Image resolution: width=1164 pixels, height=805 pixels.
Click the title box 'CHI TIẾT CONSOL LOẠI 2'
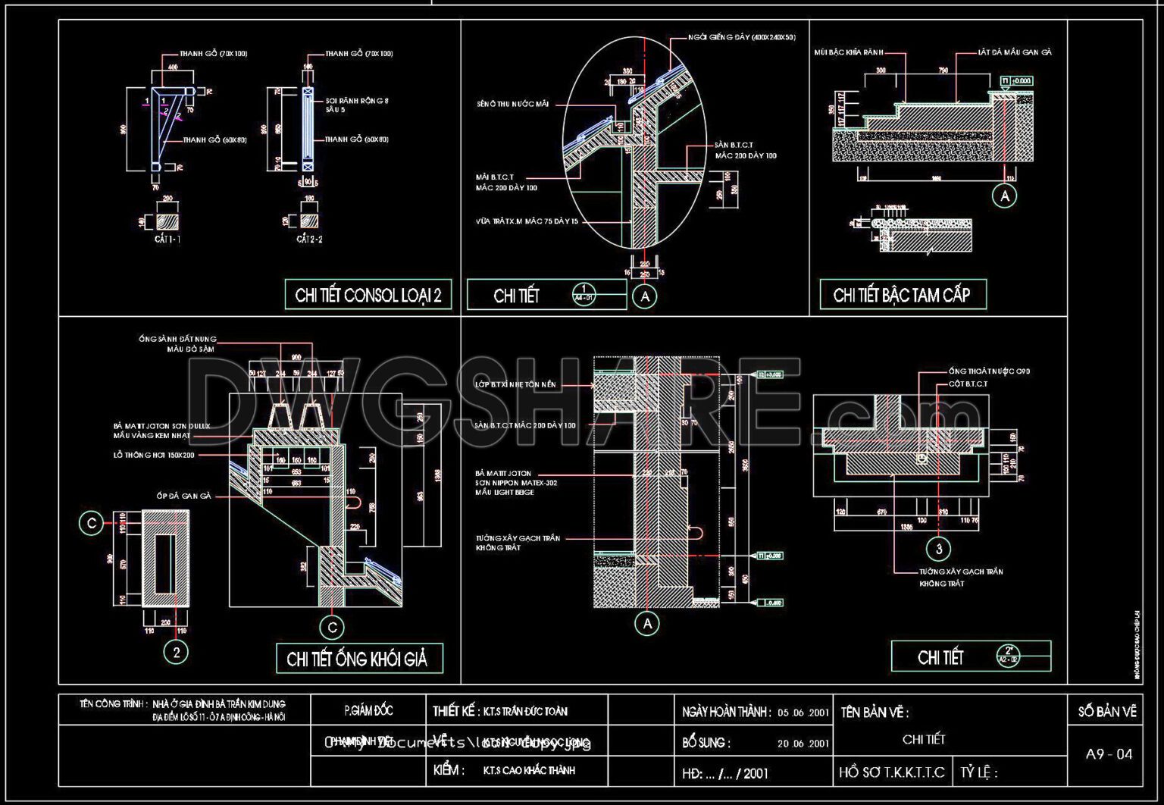[x=368, y=295]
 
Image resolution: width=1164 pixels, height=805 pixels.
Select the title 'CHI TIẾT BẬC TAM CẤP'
[x=902, y=295]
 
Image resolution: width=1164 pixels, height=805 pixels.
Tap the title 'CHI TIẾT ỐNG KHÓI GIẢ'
[x=357, y=659]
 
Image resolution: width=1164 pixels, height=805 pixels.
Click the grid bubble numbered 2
[x=176, y=652]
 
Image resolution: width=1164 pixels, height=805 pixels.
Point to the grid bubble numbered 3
[x=939, y=549]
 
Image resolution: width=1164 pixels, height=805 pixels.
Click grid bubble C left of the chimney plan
[x=92, y=523]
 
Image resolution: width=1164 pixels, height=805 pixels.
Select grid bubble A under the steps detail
[x=1005, y=196]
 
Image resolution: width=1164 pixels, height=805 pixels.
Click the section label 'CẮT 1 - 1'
[x=167, y=239]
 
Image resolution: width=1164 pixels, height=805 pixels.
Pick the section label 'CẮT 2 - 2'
[x=309, y=239]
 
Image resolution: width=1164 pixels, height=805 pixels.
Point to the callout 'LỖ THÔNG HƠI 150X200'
[x=154, y=455]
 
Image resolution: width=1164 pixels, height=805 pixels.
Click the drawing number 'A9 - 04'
[x=1109, y=754]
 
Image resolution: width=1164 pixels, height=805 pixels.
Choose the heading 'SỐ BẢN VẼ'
[x=1107, y=712]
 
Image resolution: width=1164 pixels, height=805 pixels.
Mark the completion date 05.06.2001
[x=803, y=713]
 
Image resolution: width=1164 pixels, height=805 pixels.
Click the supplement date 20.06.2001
[x=803, y=744]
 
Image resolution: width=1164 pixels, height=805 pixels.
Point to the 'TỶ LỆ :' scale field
[x=979, y=772]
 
